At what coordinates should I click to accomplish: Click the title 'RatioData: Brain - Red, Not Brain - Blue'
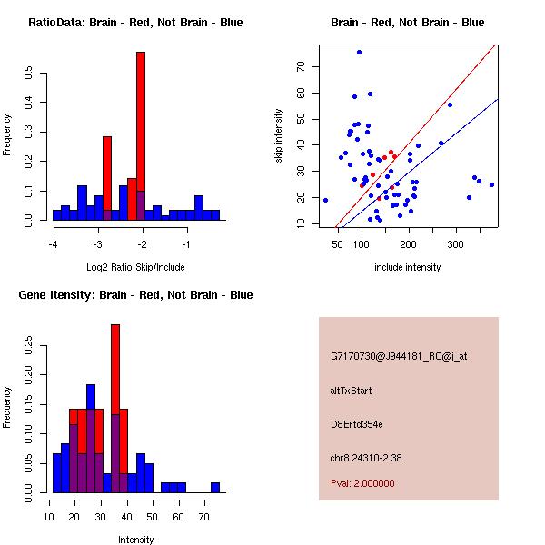coord(135,23)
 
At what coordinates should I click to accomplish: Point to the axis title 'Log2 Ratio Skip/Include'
coord(135,267)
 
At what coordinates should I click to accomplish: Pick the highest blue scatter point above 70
coord(359,53)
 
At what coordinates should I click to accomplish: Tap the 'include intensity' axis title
coord(408,267)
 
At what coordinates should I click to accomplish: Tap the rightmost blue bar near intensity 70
coord(215,488)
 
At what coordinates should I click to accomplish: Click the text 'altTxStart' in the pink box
coord(351,391)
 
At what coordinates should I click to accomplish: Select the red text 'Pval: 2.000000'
coord(362,483)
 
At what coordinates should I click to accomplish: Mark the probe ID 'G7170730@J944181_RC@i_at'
coord(399,357)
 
